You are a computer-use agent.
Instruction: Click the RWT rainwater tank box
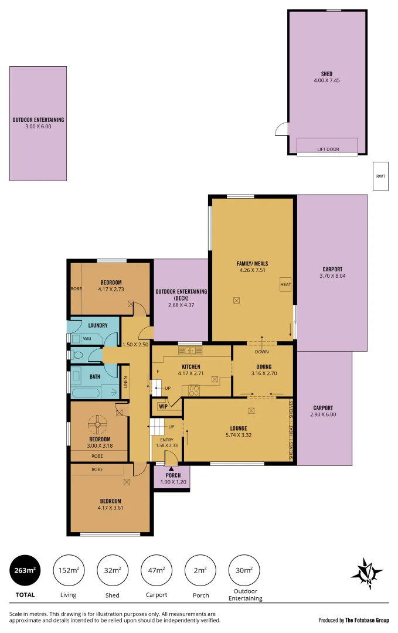click(x=381, y=176)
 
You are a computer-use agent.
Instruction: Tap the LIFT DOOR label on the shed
click(x=328, y=149)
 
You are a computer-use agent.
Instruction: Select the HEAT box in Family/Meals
click(x=285, y=285)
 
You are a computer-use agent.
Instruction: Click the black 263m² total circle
click(x=25, y=570)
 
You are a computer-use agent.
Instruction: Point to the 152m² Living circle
click(x=69, y=570)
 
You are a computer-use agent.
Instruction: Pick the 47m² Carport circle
click(x=157, y=570)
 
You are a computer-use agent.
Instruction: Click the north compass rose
click(x=367, y=571)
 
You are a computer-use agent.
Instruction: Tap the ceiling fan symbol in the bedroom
click(x=98, y=424)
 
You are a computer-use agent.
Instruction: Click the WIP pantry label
click(x=163, y=406)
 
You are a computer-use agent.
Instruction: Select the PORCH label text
click(x=173, y=475)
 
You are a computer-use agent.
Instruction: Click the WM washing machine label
click(x=87, y=339)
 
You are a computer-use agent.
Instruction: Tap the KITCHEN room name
click(x=191, y=367)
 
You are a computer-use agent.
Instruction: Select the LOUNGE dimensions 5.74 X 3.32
click(x=238, y=435)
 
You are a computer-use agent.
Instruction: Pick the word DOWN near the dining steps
click(x=261, y=352)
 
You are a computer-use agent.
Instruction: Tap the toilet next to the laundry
click(x=76, y=355)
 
